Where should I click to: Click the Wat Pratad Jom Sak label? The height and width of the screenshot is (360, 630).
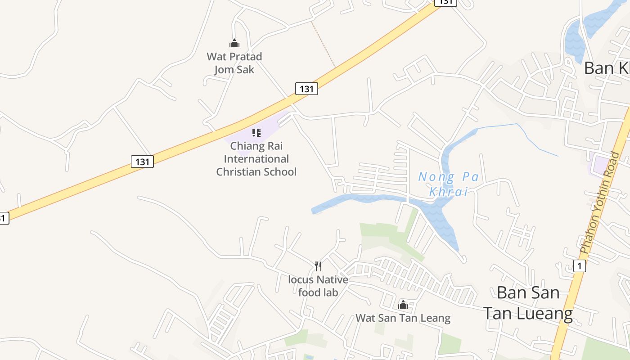pyautogui.click(x=234, y=63)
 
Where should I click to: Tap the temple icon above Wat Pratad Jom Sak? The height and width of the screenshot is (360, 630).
pyautogui.click(x=234, y=44)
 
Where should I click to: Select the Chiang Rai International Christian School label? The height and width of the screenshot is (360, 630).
pyautogui.click(x=256, y=159)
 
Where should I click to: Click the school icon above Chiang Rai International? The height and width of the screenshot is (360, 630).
pyautogui.click(x=256, y=133)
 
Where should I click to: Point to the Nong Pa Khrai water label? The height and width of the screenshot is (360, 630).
pyautogui.click(x=448, y=184)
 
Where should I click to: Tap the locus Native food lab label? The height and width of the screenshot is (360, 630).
pyautogui.click(x=318, y=286)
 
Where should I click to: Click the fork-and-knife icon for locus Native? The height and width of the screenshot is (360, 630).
pyautogui.click(x=318, y=266)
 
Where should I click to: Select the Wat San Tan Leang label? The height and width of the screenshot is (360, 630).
pyautogui.click(x=403, y=318)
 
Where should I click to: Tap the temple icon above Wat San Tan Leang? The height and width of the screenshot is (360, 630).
pyautogui.click(x=403, y=305)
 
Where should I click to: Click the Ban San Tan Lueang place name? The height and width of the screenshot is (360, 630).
pyautogui.click(x=528, y=302)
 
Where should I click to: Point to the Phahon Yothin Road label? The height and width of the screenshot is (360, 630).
pyautogui.click(x=599, y=202)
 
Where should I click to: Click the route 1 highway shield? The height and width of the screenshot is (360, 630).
pyautogui.click(x=580, y=266)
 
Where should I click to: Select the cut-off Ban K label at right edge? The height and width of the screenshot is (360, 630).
pyautogui.click(x=607, y=68)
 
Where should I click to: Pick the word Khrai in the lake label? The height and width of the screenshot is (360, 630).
pyautogui.click(x=448, y=192)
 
